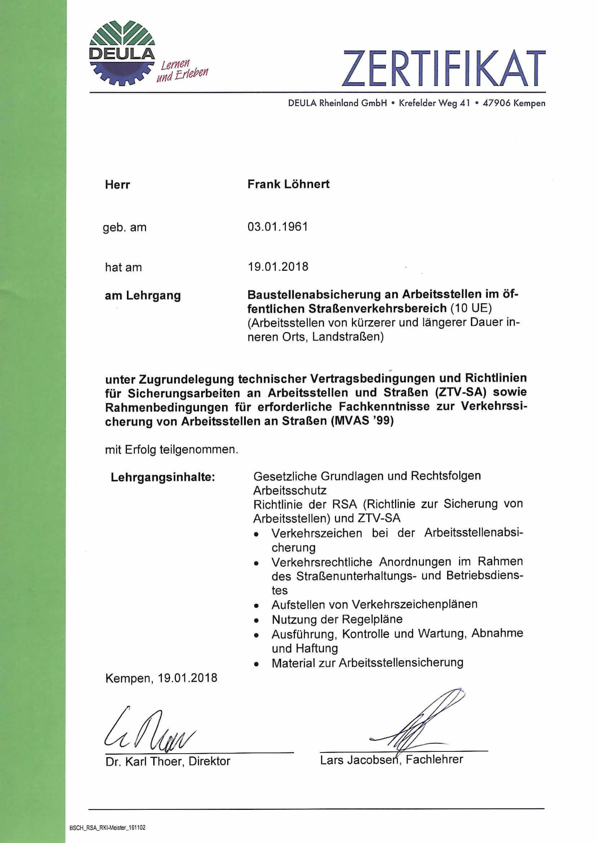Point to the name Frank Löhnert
288,184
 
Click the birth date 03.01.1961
278,226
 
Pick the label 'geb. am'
125,227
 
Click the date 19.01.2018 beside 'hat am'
278,266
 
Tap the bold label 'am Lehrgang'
143,296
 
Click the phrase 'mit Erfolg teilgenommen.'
172,449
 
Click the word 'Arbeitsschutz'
290,491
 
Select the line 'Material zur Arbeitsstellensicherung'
367,662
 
